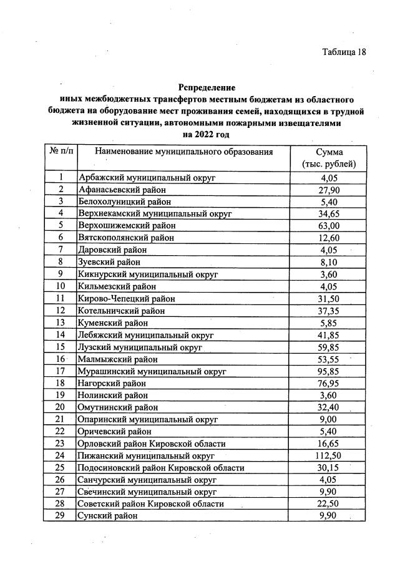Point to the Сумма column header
329,158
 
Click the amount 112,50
329,455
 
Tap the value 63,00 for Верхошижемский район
329,225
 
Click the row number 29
61,516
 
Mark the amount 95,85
329,371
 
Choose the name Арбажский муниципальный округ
147,177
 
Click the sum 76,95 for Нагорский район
329,383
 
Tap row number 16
61,359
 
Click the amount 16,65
329,444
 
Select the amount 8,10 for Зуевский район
329,262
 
